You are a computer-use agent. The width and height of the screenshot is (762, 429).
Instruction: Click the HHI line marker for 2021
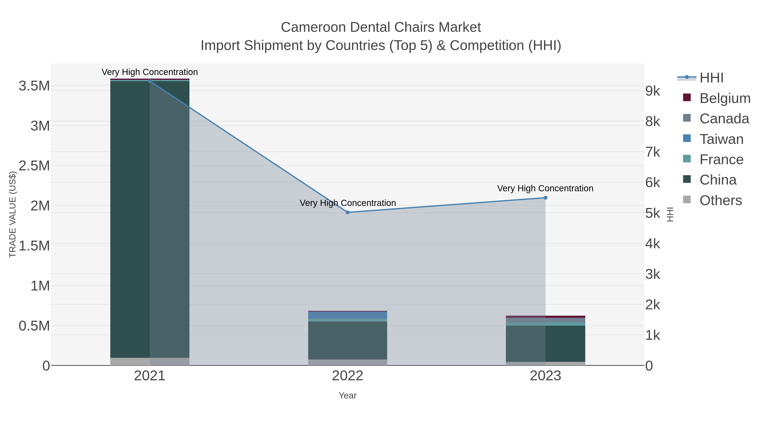[x=150, y=81]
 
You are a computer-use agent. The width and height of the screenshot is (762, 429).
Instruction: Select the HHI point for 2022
[x=348, y=212]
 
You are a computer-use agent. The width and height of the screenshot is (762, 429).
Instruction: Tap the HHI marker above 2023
[x=545, y=198]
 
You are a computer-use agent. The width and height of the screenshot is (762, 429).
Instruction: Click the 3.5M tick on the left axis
[x=34, y=86]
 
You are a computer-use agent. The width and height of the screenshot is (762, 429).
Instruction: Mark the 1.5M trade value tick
[x=34, y=246]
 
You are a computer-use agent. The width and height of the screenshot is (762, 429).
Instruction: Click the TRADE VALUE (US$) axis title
[x=12, y=214]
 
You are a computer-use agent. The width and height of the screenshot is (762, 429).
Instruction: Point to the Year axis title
[x=348, y=396]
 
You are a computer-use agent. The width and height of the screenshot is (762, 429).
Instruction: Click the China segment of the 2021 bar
[x=150, y=219]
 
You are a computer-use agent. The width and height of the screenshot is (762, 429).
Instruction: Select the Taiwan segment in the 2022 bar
[x=348, y=315]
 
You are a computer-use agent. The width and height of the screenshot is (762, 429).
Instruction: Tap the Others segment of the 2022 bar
[x=348, y=362]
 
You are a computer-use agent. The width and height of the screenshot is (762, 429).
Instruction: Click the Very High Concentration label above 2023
[x=545, y=188]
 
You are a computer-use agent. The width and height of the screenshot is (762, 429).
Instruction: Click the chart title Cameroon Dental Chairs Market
[x=381, y=27]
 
